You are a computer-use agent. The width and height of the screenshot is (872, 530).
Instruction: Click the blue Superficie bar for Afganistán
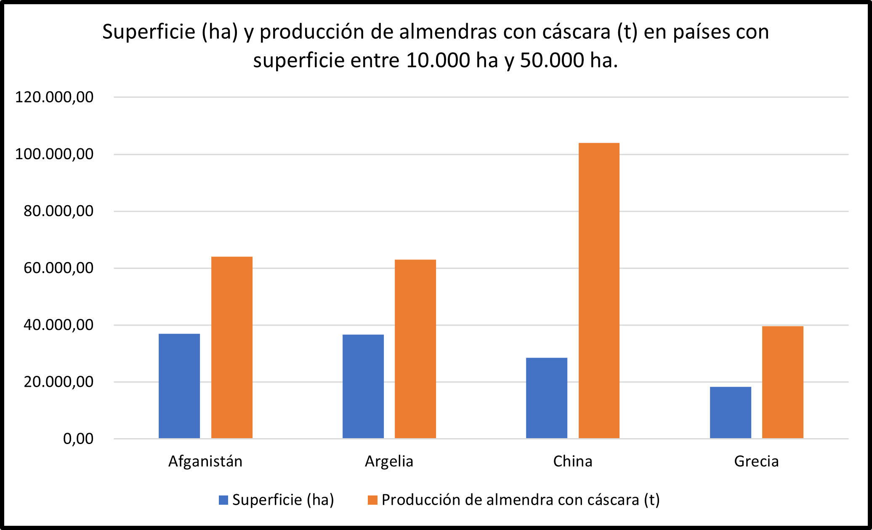(179, 386)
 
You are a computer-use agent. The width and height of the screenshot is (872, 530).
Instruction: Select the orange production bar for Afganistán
(232, 348)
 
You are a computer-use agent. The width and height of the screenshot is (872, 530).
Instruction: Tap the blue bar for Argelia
(363, 386)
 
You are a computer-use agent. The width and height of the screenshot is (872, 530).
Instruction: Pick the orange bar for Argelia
(415, 349)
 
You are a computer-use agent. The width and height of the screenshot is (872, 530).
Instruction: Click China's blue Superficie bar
(547, 398)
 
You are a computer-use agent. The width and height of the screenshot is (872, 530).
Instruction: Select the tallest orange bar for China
(599, 291)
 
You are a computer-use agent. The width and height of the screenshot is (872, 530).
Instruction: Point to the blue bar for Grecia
(731, 412)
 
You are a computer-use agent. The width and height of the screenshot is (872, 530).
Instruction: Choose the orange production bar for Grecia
(783, 382)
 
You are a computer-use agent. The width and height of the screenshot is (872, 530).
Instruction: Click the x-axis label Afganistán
(205, 461)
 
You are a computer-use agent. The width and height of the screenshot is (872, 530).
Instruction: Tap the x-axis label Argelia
(389, 461)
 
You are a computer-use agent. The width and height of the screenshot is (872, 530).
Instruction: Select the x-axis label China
(572, 461)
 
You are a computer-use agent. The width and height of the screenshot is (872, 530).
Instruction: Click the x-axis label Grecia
(756, 461)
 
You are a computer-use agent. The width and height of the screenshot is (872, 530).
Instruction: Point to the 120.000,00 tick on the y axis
(54, 97)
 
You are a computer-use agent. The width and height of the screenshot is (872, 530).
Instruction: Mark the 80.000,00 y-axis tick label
(58, 211)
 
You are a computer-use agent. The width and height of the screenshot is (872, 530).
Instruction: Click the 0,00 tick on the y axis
(78, 439)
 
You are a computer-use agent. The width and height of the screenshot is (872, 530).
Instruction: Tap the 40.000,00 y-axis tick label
(58, 325)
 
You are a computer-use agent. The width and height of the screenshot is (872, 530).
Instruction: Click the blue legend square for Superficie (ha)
(223, 500)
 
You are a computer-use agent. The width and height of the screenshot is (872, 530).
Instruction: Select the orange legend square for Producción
(372, 500)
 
